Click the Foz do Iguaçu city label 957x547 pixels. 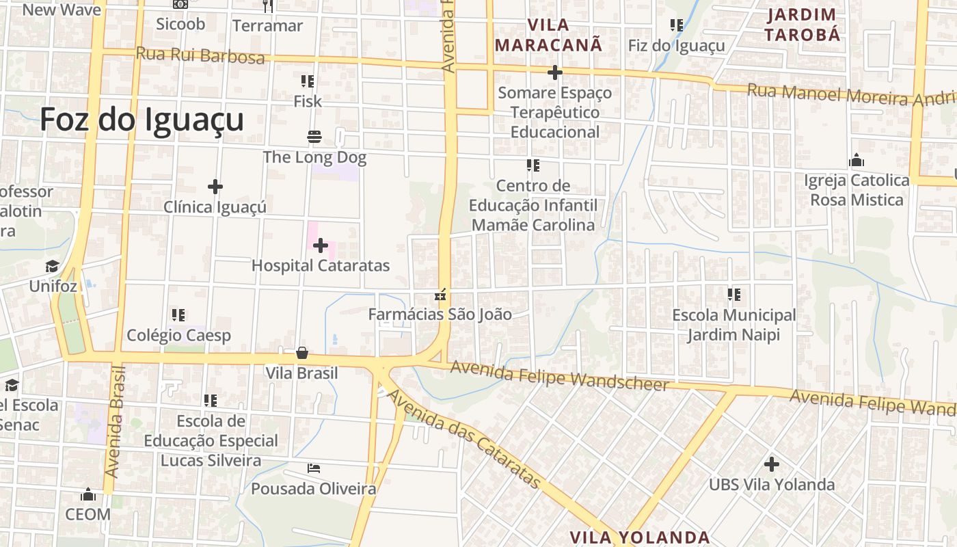[x=141, y=120]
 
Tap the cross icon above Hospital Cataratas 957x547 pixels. [x=321, y=245]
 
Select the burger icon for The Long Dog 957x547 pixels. [x=314, y=137]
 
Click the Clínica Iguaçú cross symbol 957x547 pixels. [x=215, y=186]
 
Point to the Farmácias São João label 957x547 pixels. [x=440, y=315]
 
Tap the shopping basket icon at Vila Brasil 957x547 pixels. [x=302, y=353]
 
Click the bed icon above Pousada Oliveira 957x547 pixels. [x=314, y=468]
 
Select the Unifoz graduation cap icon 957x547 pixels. [x=53, y=266]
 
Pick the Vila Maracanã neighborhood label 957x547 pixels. [x=549, y=36]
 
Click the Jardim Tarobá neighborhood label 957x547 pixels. [x=802, y=25]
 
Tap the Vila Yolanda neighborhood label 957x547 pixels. [x=640, y=537]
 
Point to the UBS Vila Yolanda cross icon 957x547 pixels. [x=772, y=464]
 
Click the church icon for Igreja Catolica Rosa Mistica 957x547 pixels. [x=857, y=161]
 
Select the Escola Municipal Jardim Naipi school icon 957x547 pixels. [x=734, y=295]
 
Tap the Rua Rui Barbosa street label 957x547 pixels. [x=200, y=55]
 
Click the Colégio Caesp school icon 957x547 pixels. [x=178, y=315]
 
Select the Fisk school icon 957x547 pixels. [x=308, y=81]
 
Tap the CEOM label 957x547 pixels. [x=87, y=514]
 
